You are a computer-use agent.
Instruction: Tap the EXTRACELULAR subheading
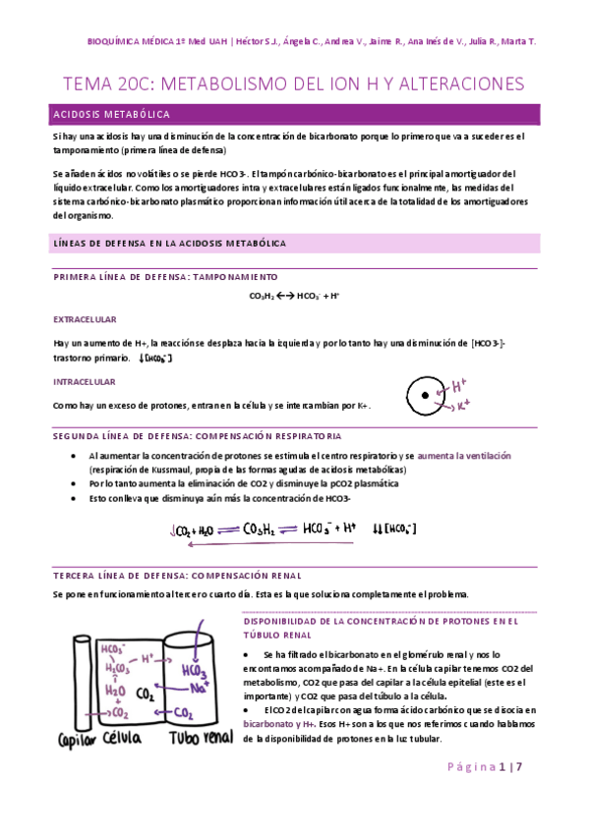[85, 319]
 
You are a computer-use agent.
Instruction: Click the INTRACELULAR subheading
[84, 381]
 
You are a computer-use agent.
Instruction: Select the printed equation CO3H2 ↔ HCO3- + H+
[294, 295]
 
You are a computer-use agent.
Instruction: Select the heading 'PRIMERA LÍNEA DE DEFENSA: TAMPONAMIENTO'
[165, 277]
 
